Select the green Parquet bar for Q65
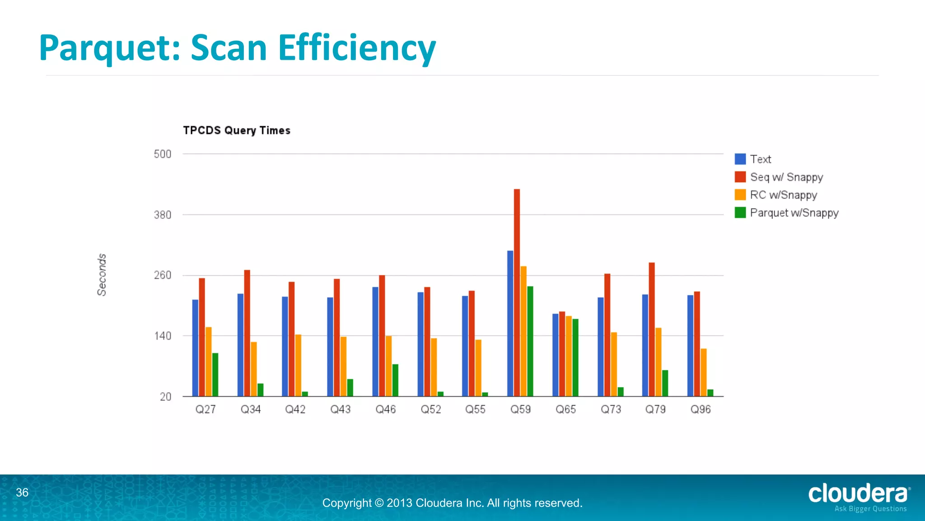(575, 357)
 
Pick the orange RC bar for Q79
(659, 362)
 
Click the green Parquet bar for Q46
(395, 380)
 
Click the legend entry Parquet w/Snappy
(794, 213)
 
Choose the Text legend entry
(760, 159)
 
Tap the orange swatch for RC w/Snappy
(740, 195)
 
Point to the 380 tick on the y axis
(163, 215)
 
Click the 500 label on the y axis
(163, 154)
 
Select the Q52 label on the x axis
(430, 409)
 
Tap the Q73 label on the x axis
(611, 409)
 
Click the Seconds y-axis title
(102, 275)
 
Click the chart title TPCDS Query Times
(236, 130)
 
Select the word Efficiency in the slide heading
(356, 48)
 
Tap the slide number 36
(22, 493)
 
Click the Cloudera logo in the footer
(858, 496)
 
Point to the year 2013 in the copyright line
(399, 503)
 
